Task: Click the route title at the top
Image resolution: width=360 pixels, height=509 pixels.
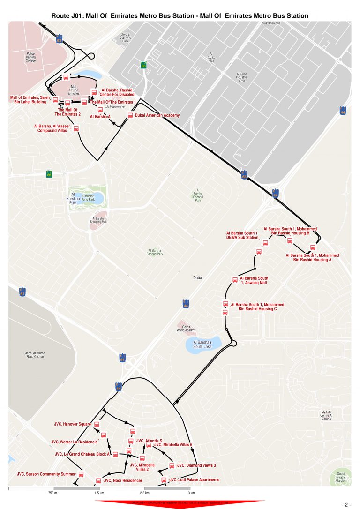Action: (180, 16)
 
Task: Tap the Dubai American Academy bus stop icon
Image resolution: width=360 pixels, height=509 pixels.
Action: (130, 115)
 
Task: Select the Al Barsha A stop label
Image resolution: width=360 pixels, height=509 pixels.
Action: (100, 116)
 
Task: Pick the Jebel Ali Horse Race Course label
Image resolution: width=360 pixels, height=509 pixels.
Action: (35, 355)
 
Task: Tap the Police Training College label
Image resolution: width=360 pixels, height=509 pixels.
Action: (30, 58)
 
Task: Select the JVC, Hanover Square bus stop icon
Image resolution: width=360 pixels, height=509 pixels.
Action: (97, 425)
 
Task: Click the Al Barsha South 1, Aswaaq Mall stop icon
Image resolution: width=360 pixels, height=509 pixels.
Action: (235, 280)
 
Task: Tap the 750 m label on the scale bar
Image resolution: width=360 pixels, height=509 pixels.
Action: (52, 494)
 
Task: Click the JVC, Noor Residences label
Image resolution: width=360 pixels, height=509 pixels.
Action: (123, 480)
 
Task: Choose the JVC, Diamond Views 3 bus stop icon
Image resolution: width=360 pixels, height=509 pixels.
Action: (172, 466)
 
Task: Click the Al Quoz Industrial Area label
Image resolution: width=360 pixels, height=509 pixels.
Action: (242, 77)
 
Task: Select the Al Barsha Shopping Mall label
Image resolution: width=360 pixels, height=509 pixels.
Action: (98, 220)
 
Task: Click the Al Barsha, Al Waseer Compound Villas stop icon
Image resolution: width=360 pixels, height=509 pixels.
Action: (76, 128)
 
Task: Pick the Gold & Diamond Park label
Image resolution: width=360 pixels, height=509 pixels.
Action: (125, 38)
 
